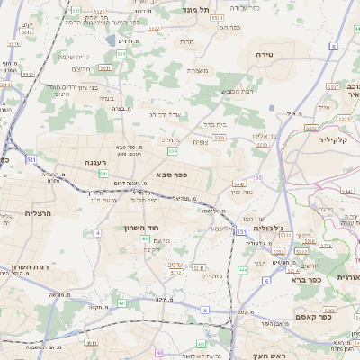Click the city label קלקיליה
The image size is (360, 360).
[x=338, y=139]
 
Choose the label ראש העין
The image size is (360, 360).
[x=268, y=355]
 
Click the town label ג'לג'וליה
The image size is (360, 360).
[x=271, y=229]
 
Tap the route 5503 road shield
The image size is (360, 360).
[x=220, y=136]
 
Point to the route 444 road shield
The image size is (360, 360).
[x=242, y=269]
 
